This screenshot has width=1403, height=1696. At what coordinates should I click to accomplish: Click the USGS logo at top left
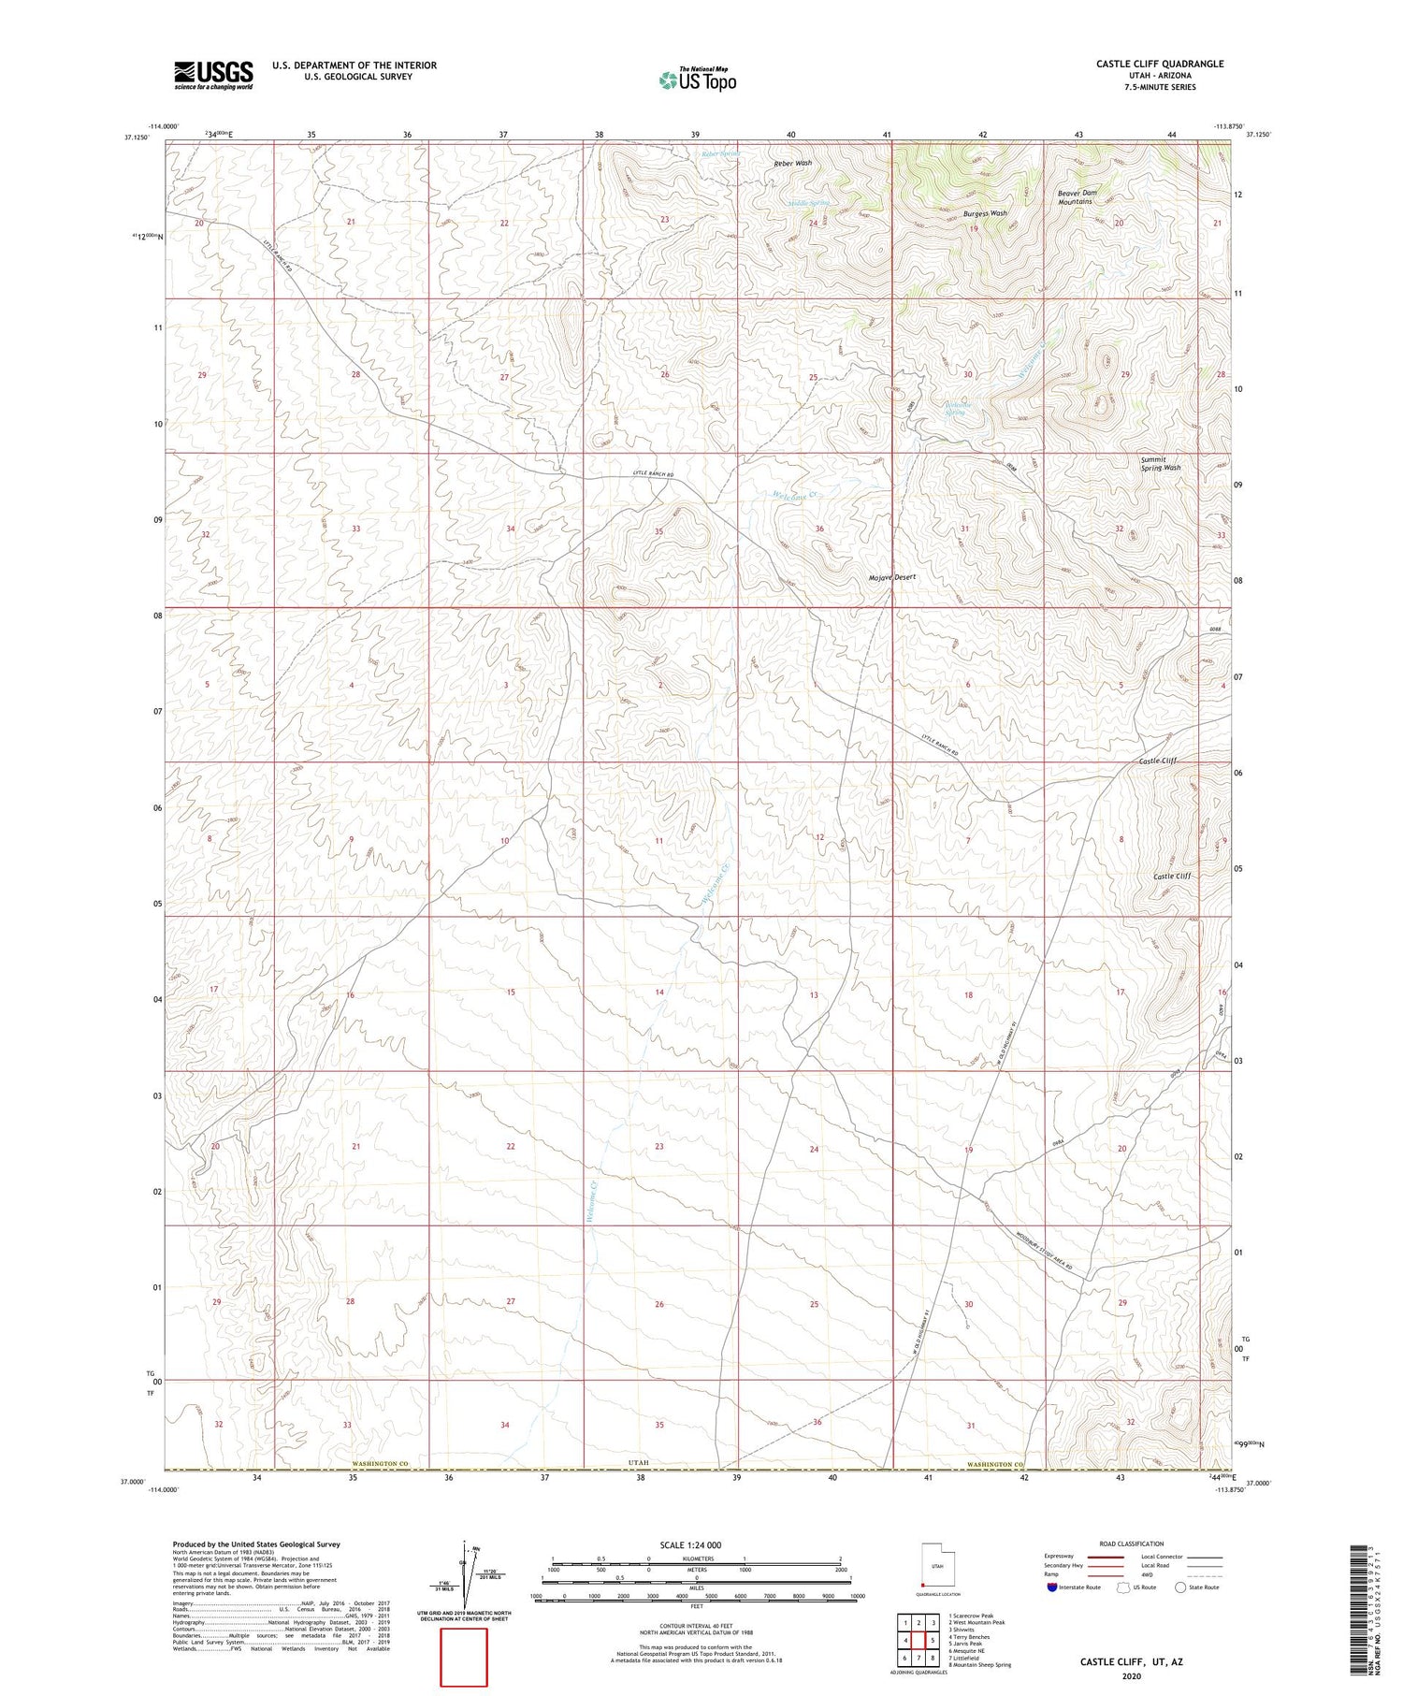[213, 75]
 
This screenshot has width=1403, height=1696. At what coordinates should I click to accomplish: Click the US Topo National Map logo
[697, 80]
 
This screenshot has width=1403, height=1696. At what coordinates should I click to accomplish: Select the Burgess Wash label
[985, 213]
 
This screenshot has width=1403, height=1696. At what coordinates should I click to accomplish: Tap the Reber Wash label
[792, 163]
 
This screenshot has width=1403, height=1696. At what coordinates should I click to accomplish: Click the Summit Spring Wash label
[1160, 463]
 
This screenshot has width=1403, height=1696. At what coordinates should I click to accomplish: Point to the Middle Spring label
[808, 202]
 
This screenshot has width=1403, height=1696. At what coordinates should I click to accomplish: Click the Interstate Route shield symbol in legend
[1052, 1587]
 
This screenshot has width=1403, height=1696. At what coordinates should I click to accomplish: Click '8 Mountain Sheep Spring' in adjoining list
[979, 1665]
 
